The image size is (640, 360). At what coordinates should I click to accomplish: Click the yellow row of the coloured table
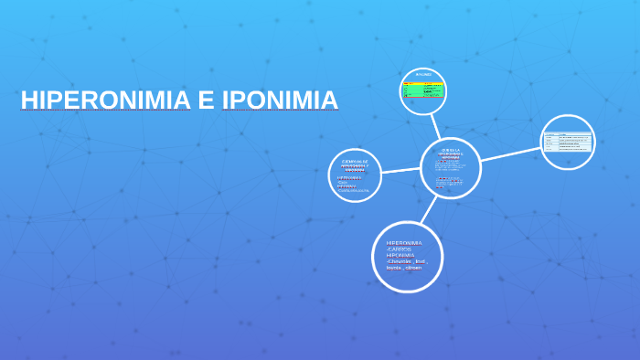(423, 84)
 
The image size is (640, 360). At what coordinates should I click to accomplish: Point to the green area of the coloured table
(423, 91)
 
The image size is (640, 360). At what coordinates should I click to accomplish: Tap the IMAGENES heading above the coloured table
(423, 74)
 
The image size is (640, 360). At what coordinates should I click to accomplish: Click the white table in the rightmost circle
(568, 142)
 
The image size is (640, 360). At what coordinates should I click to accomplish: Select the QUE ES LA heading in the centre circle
(451, 150)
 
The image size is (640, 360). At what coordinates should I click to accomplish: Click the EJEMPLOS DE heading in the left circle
(355, 161)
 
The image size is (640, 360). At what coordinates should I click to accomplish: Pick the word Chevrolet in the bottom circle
(399, 261)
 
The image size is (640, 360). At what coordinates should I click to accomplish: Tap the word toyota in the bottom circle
(394, 268)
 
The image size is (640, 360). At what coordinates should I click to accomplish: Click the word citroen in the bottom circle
(414, 268)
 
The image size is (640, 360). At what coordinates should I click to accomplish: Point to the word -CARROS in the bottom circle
(400, 249)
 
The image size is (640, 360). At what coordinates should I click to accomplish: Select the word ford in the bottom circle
(421, 261)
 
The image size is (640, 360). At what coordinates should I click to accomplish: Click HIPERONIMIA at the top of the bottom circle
(404, 242)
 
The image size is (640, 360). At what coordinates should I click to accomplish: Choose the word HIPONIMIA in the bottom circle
(400, 255)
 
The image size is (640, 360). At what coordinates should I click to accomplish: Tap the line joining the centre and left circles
(400, 171)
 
